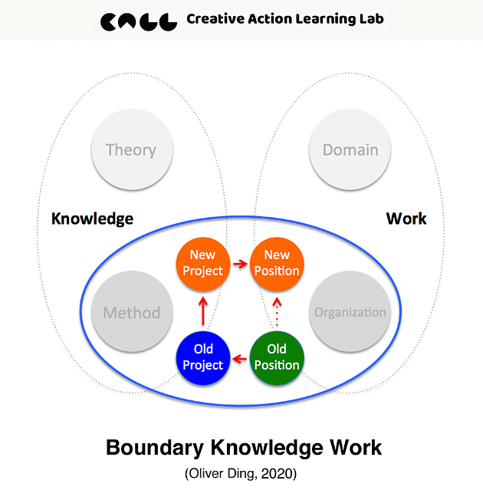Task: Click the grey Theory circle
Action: pyautogui.click(x=131, y=150)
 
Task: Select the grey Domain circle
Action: pyautogui.click(x=350, y=150)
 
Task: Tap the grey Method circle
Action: pyautogui.click(x=131, y=313)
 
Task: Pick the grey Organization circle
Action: pyautogui.click(x=350, y=313)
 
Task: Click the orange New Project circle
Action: pyautogui.click(x=203, y=263)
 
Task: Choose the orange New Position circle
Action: pyautogui.click(x=277, y=263)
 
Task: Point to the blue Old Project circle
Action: pyautogui.click(x=203, y=357)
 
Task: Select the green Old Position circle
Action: pyautogui.click(x=277, y=357)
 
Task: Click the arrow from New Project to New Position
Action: pyautogui.click(x=240, y=264)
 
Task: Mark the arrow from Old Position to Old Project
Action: pyautogui.click(x=240, y=358)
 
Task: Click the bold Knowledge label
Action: pyautogui.click(x=92, y=219)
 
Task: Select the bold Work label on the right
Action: pyautogui.click(x=406, y=219)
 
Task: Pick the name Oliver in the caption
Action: pyautogui.click(x=207, y=474)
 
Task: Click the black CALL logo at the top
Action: pyautogui.click(x=140, y=20)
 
